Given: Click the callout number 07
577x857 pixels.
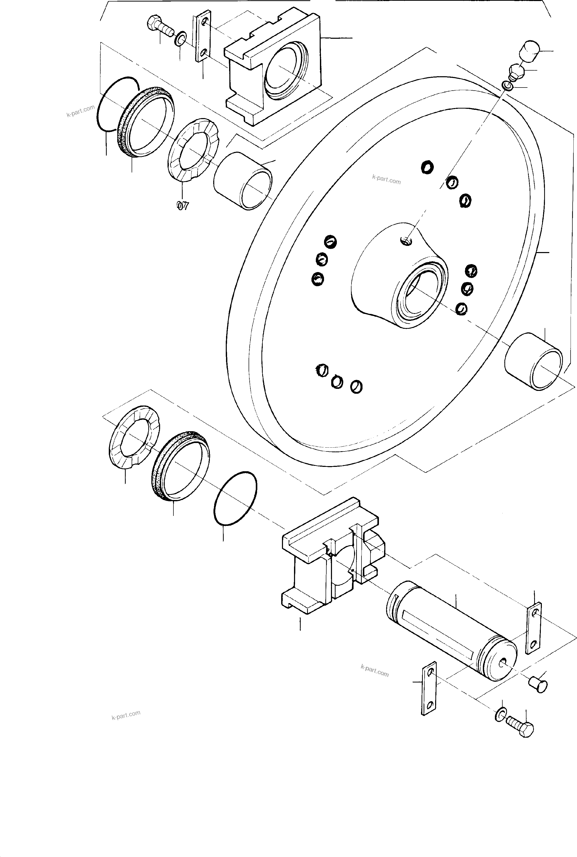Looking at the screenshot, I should point(182,206).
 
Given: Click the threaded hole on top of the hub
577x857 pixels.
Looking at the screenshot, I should point(406,241).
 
